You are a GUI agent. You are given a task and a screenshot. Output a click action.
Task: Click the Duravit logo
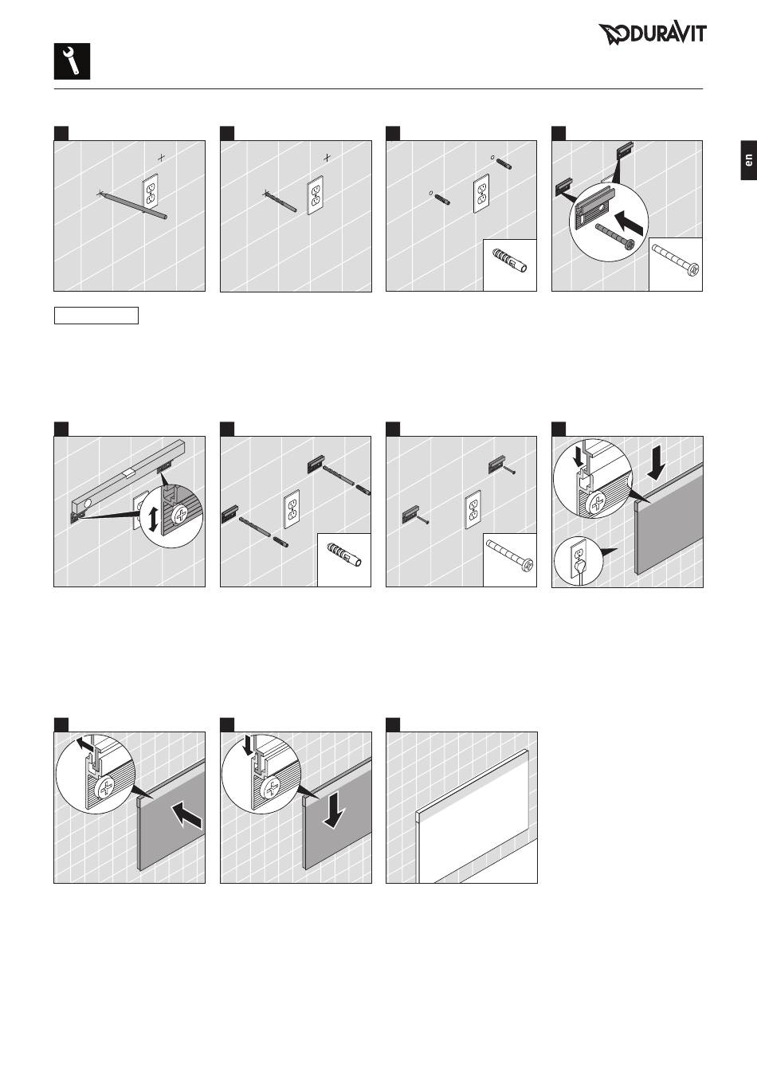653,35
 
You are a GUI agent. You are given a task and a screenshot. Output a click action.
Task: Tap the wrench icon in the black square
72,61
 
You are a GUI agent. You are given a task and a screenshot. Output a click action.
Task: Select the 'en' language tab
749,159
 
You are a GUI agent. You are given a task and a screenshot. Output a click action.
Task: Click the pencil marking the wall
132,205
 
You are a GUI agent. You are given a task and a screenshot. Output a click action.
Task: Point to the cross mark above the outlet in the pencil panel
162,157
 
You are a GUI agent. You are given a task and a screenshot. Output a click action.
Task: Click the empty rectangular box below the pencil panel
96,316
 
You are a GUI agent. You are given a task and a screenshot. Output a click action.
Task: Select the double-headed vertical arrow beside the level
152,520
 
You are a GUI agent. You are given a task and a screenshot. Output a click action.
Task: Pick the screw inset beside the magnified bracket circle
676,264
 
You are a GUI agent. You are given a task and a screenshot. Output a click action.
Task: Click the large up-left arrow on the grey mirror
187,815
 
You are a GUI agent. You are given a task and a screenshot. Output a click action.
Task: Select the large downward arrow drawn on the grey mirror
333,810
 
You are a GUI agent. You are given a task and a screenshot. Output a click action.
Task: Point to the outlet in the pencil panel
150,190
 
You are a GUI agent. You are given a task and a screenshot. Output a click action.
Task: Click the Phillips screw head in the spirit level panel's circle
181,516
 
